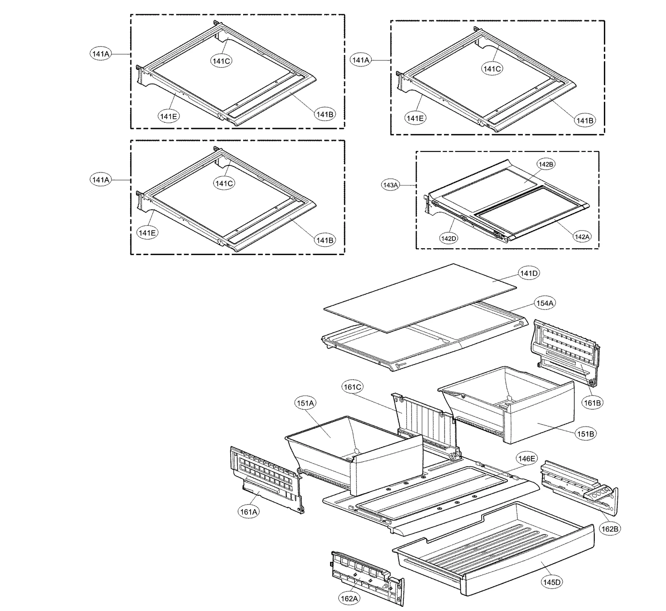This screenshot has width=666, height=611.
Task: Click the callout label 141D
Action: click(x=529, y=273)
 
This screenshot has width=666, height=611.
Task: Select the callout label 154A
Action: click(x=544, y=303)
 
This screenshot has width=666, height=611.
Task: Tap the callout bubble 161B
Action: click(x=592, y=403)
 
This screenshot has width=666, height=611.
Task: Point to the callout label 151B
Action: click(x=585, y=434)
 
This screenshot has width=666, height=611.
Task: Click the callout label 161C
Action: click(x=352, y=387)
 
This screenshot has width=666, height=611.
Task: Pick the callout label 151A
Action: click(x=305, y=403)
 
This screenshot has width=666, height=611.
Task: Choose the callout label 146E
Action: click(x=526, y=458)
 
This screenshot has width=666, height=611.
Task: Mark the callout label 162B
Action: click(x=609, y=529)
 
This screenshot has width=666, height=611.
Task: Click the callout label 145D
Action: click(x=552, y=582)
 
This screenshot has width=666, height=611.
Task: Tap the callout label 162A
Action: click(x=349, y=599)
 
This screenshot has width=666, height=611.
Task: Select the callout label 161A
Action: click(x=249, y=512)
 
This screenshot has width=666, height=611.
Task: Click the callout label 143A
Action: click(x=390, y=185)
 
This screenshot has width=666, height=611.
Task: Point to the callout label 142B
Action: click(x=546, y=164)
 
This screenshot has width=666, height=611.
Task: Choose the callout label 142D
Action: click(x=448, y=238)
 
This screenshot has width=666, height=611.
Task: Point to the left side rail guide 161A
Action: click(x=266, y=478)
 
